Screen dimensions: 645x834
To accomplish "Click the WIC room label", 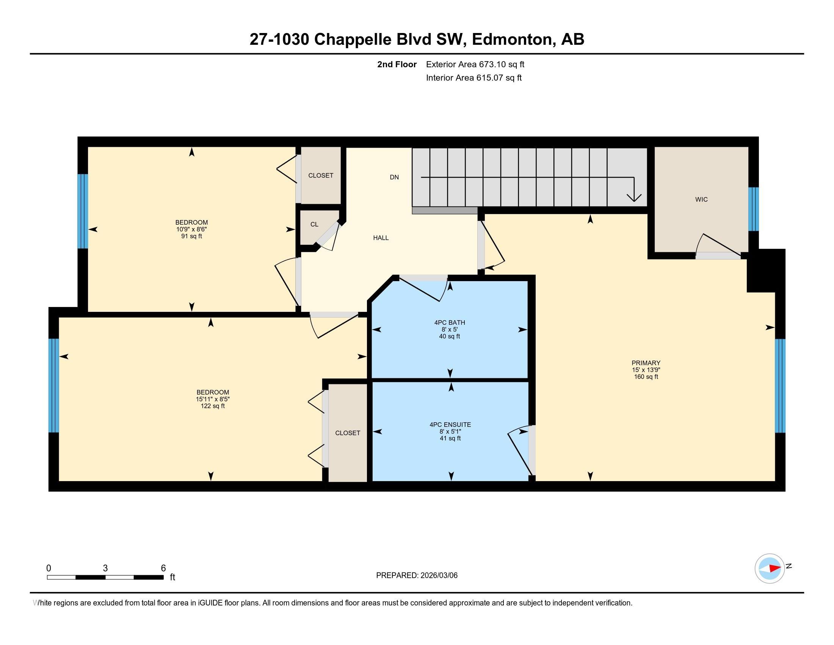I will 701,200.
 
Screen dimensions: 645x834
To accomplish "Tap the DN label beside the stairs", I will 394,177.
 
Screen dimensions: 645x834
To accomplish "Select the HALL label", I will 381,238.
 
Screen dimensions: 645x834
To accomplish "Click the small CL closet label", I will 314,225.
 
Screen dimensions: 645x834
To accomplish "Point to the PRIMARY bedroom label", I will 646,363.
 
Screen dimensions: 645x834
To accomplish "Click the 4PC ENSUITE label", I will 450,425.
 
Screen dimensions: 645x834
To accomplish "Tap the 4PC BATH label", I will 450,322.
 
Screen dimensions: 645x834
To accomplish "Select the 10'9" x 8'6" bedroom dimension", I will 191,229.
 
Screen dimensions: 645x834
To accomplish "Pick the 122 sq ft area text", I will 213,406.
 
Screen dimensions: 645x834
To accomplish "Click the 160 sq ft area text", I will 646,377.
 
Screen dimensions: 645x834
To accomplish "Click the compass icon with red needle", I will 770,568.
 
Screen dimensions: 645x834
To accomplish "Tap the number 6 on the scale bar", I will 163,568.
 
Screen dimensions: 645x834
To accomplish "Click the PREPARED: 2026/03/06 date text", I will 417,576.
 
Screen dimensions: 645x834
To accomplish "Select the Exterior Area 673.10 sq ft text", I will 475,64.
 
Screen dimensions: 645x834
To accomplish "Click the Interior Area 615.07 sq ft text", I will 473,78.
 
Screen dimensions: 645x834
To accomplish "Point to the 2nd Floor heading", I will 397,64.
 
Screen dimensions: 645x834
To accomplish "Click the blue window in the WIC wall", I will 753,209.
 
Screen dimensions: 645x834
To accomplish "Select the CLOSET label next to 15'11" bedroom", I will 348,433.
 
